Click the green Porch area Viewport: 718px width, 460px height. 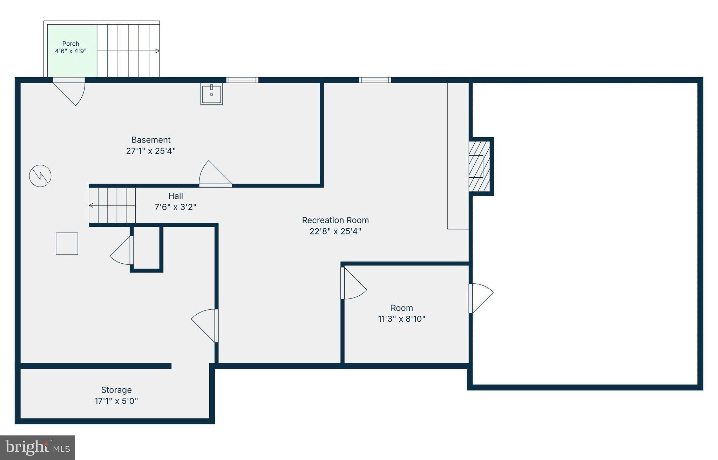(x=72, y=51)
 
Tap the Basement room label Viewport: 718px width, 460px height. (x=151, y=140)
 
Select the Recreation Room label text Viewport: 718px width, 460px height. (x=335, y=220)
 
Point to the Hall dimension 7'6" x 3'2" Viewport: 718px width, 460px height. (x=175, y=207)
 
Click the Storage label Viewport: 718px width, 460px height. (x=116, y=390)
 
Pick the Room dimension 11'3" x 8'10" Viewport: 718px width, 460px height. (x=401, y=319)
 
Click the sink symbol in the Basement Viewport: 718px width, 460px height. (x=211, y=94)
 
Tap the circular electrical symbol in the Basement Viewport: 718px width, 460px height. (x=40, y=176)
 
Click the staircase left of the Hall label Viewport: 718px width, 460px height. (x=112, y=205)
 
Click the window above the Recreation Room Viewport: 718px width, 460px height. (x=375, y=80)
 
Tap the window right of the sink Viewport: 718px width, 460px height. (x=242, y=80)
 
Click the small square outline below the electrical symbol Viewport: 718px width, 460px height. (x=67, y=244)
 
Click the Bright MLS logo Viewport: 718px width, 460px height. (x=38, y=448)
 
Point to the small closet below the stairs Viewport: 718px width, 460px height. (x=147, y=248)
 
